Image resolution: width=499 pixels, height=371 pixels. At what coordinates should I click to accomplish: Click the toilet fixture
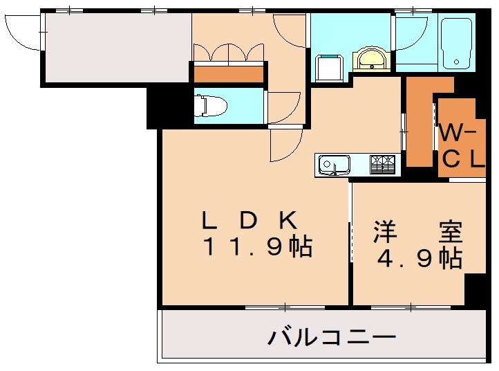[213, 106]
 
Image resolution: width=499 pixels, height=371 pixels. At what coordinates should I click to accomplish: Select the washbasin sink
[373, 60]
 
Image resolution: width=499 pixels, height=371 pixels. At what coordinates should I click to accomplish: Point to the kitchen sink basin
[334, 165]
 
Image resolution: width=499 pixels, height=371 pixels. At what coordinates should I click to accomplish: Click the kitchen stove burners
[384, 164]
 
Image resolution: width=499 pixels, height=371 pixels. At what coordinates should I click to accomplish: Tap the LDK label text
[249, 220]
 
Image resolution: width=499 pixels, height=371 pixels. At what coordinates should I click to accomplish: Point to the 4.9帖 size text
[419, 259]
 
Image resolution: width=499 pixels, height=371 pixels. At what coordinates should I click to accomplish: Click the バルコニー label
[332, 338]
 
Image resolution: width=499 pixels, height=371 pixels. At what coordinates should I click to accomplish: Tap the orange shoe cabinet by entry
[228, 73]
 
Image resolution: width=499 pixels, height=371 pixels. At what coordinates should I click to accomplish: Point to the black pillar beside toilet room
[154, 108]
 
